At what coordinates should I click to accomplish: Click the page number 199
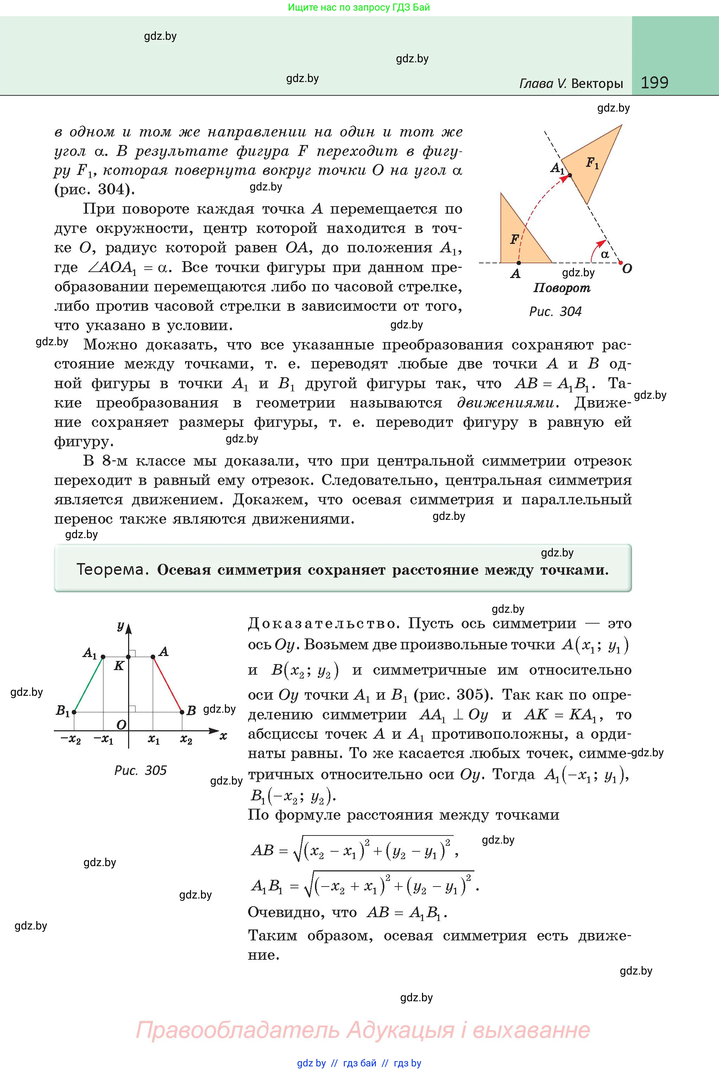pyautogui.click(x=654, y=83)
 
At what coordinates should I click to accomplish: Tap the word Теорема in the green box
pyautogui.click(x=112, y=569)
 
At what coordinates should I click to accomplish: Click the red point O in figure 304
pyautogui.click(x=620, y=263)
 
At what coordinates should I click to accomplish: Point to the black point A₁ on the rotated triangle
pyautogui.click(x=569, y=175)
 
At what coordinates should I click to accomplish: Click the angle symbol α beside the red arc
pyautogui.click(x=605, y=254)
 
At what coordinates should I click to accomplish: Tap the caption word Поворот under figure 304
pyautogui.click(x=562, y=288)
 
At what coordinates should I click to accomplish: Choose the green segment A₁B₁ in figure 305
pyautogui.click(x=88, y=684)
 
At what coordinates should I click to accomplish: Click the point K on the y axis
pyautogui.click(x=128, y=657)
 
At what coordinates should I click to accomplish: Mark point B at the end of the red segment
pyautogui.click(x=182, y=712)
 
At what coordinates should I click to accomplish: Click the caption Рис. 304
pyautogui.click(x=555, y=311)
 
